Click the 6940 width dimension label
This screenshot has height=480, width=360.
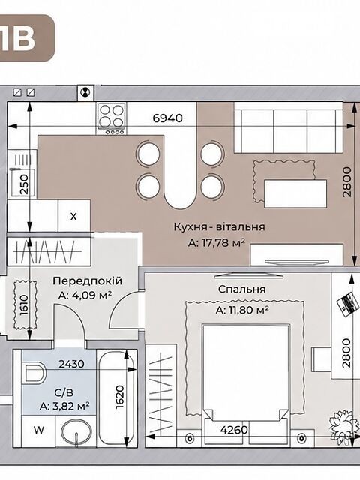(x=167, y=118)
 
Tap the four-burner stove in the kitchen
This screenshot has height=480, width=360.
(x=112, y=118)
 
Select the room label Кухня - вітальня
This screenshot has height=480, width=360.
(x=219, y=227)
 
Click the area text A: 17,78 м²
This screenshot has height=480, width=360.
(x=217, y=243)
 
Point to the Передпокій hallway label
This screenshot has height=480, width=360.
(x=87, y=280)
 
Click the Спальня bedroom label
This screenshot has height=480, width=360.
(x=241, y=289)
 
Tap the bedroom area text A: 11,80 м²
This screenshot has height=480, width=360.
(x=242, y=310)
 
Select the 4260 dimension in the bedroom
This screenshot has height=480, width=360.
(x=234, y=430)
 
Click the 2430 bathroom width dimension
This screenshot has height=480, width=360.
(x=72, y=364)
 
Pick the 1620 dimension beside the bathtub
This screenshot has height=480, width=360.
(x=120, y=397)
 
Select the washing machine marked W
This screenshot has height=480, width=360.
(x=38, y=430)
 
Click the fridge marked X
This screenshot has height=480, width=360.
(x=73, y=216)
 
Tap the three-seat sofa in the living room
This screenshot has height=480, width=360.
(x=288, y=127)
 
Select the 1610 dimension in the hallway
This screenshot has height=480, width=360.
(x=25, y=304)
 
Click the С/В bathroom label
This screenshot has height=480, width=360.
(x=64, y=392)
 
